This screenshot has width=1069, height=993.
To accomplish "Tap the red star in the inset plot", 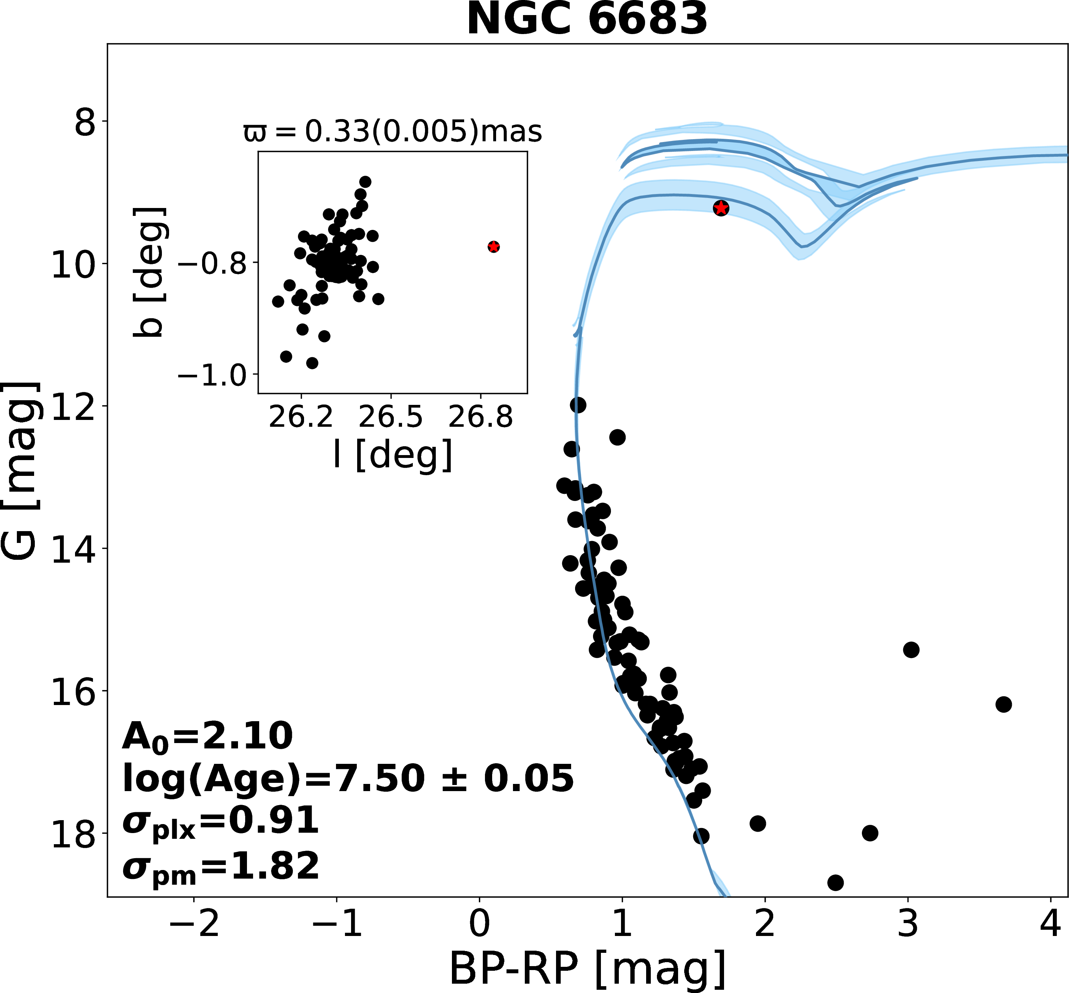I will coord(494,247).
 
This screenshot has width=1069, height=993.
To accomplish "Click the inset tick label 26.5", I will coord(391,417).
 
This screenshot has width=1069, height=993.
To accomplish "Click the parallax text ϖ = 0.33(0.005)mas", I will coord(393,131).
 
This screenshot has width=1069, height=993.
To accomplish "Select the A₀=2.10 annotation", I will coord(207,736).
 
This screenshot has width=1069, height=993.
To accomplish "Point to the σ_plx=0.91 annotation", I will coord(220,822).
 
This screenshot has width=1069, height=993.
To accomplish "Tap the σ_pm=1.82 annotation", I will coord(220,867).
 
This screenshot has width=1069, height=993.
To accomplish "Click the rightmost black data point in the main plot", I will coord(1003,704).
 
